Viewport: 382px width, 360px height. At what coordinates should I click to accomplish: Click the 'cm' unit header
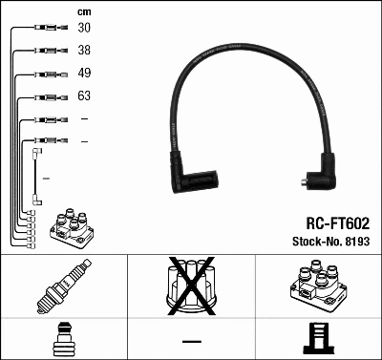[84, 11]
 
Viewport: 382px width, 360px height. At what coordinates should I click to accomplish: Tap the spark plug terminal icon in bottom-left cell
[63, 339]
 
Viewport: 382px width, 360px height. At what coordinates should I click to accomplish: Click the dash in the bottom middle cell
[191, 341]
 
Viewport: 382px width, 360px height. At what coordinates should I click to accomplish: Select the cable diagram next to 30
[46, 29]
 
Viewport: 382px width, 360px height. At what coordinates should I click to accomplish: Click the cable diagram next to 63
[46, 96]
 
